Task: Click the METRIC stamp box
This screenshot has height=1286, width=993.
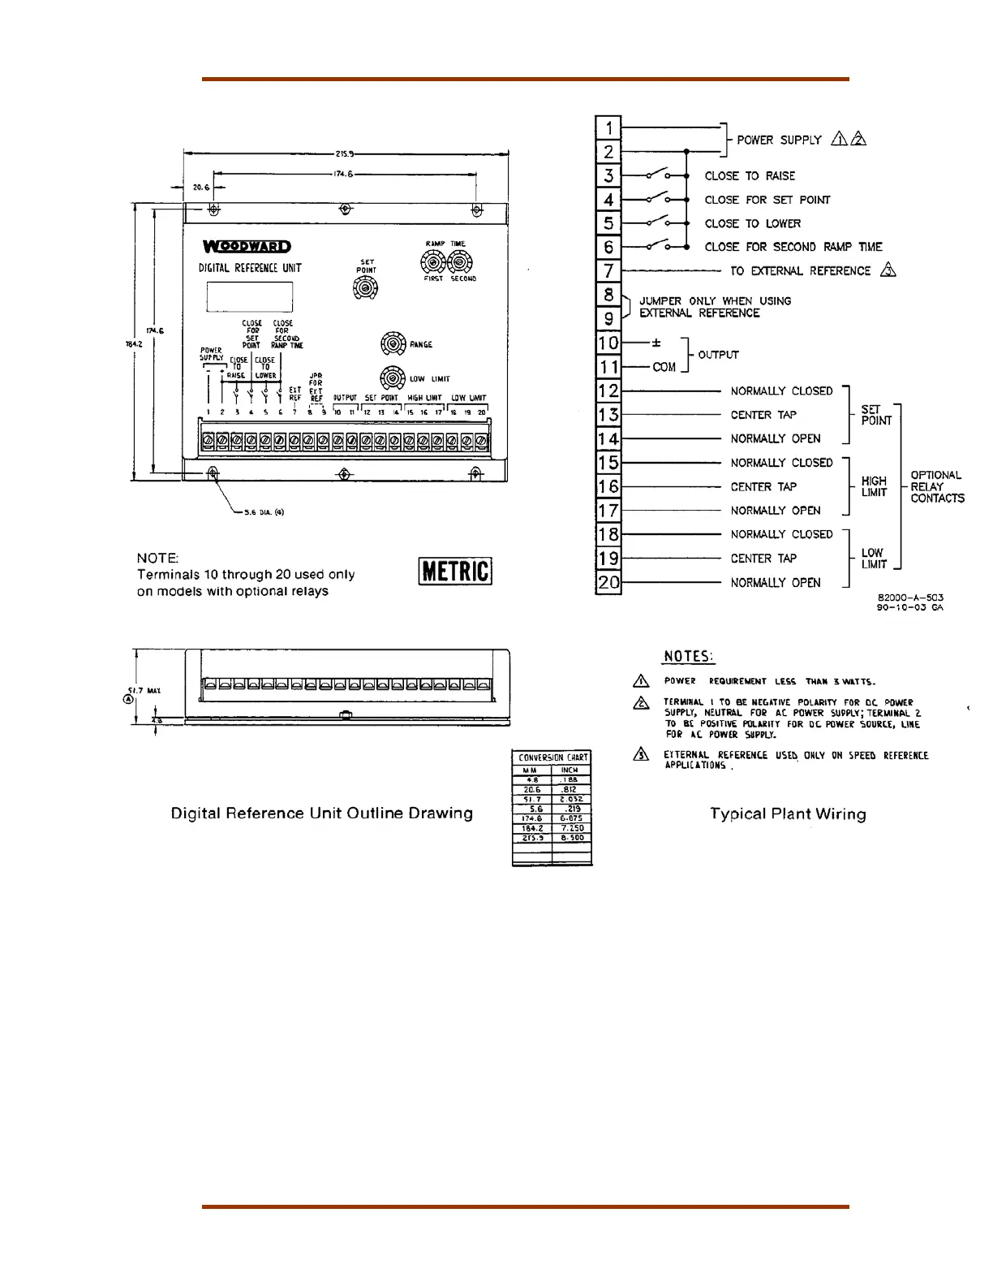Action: (x=456, y=571)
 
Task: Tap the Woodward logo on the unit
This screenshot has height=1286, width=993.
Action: (x=247, y=247)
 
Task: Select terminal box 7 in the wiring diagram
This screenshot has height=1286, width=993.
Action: (x=608, y=270)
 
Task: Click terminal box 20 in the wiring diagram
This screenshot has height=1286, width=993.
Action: (x=608, y=582)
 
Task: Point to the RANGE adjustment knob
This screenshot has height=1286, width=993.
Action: (x=393, y=344)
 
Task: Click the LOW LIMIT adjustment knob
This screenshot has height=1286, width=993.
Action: (x=393, y=378)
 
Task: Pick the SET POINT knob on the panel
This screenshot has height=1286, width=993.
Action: (x=366, y=287)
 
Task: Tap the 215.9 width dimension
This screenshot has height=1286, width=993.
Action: (x=344, y=153)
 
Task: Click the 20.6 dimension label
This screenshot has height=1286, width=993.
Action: (x=200, y=188)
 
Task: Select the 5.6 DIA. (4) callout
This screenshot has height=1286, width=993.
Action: (x=264, y=512)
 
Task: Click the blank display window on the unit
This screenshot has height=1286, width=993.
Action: (x=249, y=296)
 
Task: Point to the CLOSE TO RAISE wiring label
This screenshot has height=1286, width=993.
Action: (x=750, y=176)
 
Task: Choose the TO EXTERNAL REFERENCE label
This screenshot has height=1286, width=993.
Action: (x=800, y=271)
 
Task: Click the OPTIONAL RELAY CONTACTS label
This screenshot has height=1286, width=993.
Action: (x=937, y=486)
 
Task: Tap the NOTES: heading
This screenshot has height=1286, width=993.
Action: (x=689, y=657)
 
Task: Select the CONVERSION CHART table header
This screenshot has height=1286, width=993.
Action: (x=552, y=757)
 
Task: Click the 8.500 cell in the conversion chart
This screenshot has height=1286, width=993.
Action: (x=572, y=838)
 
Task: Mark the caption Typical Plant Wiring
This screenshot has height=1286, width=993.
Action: (x=788, y=814)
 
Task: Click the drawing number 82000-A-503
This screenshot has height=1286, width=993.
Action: (x=910, y=598)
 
